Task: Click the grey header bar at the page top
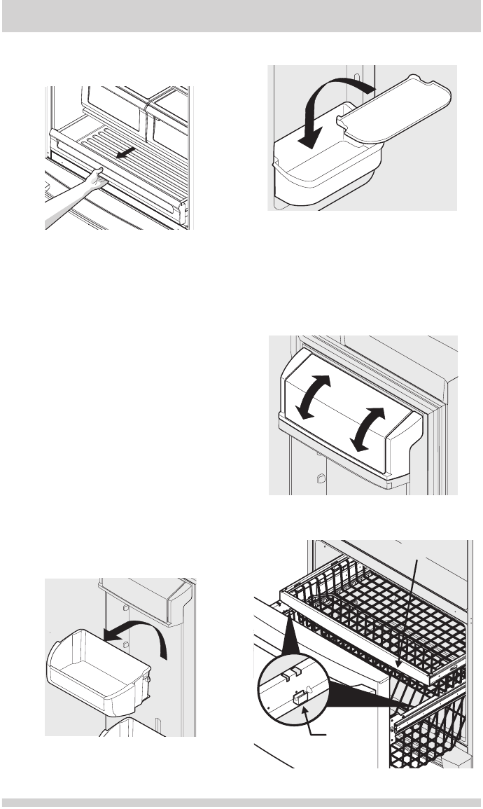(241, 15)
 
